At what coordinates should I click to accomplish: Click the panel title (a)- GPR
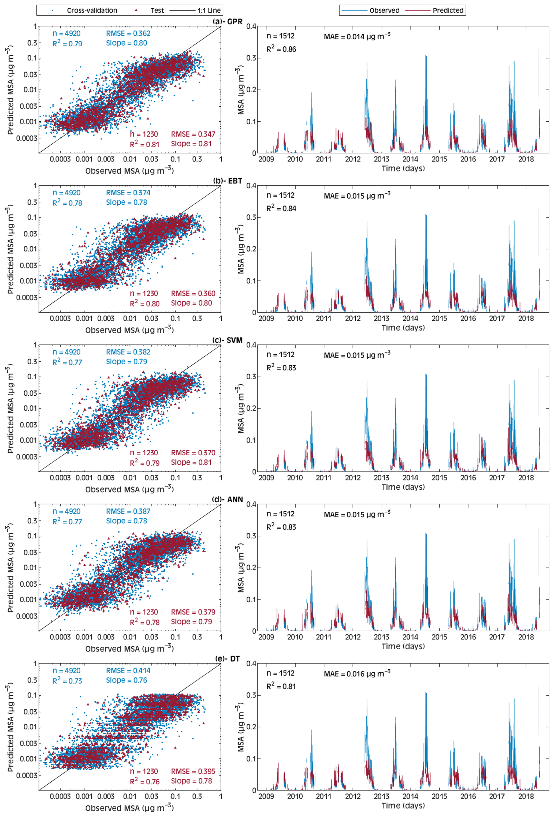(x=228, y=22)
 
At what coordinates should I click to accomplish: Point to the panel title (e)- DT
(x=228, y=658)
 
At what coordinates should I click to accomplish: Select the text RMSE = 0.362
(x=128, y=33)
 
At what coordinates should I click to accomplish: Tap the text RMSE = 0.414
(x=128, y=670)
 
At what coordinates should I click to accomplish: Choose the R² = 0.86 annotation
(x=281, y=49)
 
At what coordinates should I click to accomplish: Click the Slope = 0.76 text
(x=126, y=680)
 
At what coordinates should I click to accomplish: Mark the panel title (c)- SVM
(x=228, y=340)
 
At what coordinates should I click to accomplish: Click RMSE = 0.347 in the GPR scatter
(x=193, y=134)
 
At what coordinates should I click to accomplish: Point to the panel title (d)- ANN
(x=228, y=499)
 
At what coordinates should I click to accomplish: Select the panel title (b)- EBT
(x=228, y=181)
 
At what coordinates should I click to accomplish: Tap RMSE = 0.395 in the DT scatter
(x=193, y=771)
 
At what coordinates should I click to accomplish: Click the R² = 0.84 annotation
(x=281, y=208)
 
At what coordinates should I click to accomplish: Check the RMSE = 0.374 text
(x=128, y=193)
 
